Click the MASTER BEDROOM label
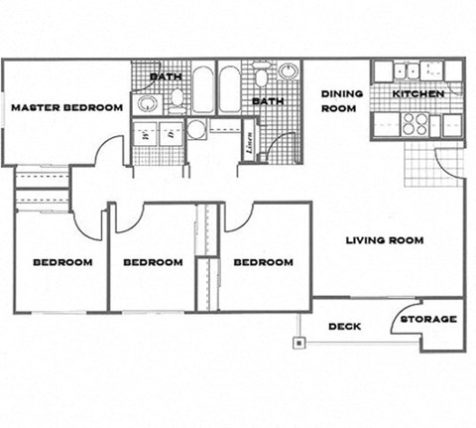tap(66, 107)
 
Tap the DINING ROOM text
tap(341, 100)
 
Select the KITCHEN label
tap(416, 94)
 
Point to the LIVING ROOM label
tap(385, 240)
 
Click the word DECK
tap(344, 326)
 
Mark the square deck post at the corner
tap(296, 345)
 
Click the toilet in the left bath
tap(178, 97)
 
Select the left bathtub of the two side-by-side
tap(203, 89)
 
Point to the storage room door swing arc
tap(407, 309)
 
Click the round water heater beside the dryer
tap(196, 129)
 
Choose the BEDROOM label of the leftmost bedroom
tap(62, 262)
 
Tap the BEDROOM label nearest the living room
tap(263, 262)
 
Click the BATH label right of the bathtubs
tap(267, 101)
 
